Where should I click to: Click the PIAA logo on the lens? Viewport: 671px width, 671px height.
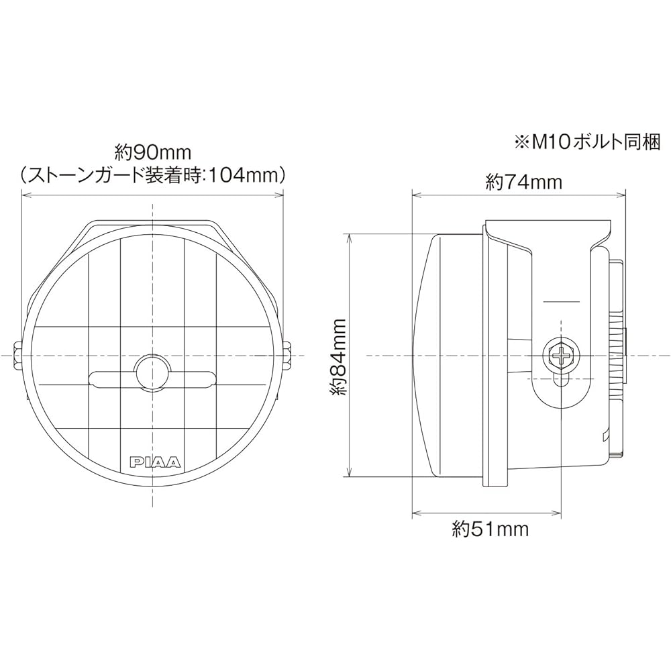pyautogui.click(x=156, y=462)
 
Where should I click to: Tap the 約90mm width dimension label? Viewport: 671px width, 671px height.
pyautogui.click(x=152, y=151)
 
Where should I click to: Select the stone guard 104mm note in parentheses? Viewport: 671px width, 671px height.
pyautogui.click(x=153, y=174)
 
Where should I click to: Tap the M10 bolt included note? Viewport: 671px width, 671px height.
pyautogui.click(x=588, y=142)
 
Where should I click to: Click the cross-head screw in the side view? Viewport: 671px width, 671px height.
pyautogui.click(x=560, y=355)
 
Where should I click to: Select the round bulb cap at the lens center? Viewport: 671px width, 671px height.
pyautogui.click(x=152, y=369)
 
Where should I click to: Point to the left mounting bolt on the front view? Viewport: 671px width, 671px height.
pyautogui.click(x=17, y=356)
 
